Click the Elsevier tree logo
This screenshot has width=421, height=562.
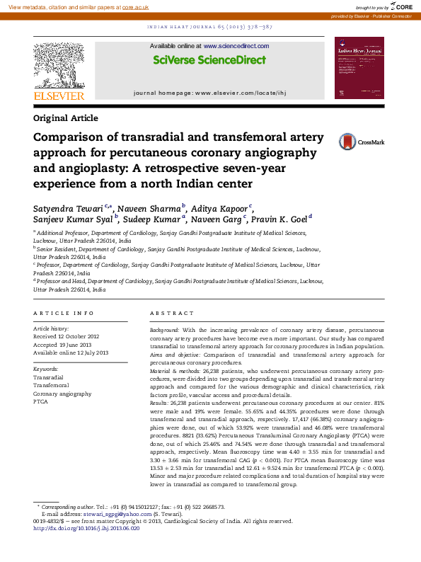click(x=59, y=64)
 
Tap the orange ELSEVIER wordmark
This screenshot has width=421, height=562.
click(x=59, y=96)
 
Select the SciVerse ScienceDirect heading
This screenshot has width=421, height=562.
click(x=199, y=61)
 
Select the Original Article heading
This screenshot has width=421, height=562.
click(x=66, y=118)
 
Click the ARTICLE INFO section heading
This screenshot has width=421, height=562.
click(x=64, y=313)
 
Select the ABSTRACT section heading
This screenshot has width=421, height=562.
click(x=172, y=313)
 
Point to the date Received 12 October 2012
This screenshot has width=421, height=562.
click(x=67, y=337)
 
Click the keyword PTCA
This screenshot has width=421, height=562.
click(x=40, y=401)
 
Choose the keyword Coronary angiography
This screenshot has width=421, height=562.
click(x=62, y=394)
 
